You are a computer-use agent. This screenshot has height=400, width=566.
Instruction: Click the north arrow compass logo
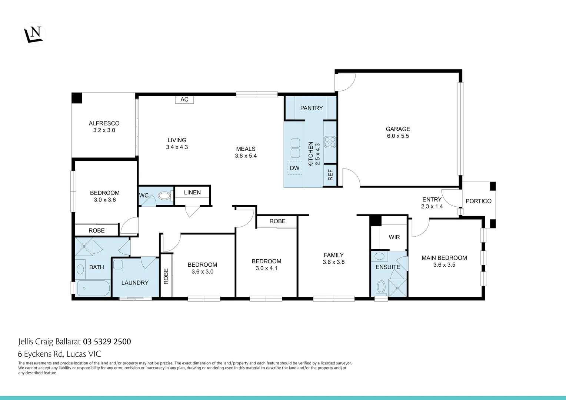click(34, 34)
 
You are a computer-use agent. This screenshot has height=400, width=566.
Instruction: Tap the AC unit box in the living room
click(184, 99)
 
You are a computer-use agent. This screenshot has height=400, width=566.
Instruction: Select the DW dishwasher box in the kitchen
click(295, 168)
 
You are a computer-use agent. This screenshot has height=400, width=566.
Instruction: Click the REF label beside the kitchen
click(330, 175)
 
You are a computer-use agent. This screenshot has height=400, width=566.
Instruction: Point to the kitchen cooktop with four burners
click(330, 142)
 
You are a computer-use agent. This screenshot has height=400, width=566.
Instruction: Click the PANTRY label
click(311, 108)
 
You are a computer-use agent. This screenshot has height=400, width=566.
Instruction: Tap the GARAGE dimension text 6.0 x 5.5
click(398, 136)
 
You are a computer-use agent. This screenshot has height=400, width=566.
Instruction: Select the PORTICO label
click(478, 201)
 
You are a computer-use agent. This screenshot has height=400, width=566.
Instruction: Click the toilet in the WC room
click(164, 196)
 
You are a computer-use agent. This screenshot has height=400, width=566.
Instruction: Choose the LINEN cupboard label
click(192, 193)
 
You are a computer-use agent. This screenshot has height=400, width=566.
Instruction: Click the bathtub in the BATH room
click(93, 288)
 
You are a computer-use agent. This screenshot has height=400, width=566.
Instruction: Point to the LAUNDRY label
click(135, 283)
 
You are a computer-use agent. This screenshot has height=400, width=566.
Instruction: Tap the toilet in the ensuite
click(381, 287)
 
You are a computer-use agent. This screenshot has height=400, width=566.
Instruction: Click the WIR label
click(394, 237)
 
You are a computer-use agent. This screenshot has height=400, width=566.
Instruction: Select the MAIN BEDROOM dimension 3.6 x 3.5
click(444, 265)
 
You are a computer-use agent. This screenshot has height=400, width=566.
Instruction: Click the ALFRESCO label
click(104, 123)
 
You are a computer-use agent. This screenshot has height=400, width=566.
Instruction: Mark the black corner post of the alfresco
click(77, 98)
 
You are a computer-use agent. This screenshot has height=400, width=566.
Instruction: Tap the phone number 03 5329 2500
click(107, 341)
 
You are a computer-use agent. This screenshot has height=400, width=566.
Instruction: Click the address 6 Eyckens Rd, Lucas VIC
click(60, 354)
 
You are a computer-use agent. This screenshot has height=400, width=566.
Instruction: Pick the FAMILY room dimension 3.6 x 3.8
click(333, 262)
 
